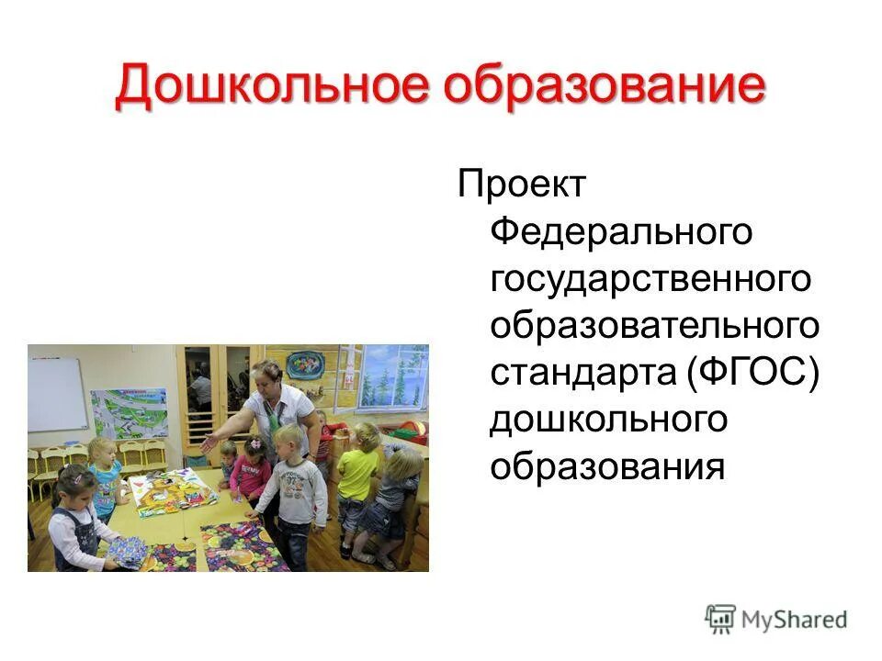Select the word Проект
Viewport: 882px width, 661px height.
(x=521, y=185)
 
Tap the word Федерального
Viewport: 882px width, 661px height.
(x=622, y=232)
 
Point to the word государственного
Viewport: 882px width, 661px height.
(x=651, y=279)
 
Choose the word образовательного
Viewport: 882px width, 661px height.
(x=655, y=326)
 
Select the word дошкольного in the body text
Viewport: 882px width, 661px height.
(x=608, y=420)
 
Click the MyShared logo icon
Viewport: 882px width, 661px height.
(x=720, y=620)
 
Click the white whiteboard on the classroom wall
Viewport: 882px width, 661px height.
(x=57, y=395)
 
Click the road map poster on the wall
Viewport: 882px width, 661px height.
(x=129, y=412)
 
